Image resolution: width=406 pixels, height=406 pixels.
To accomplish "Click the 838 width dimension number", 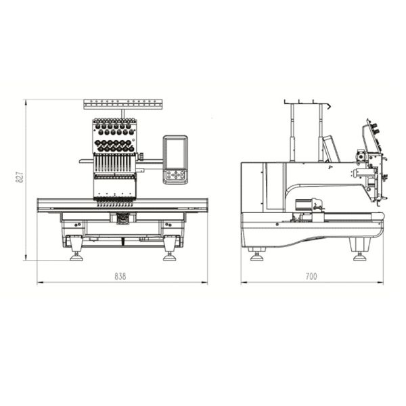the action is coord(120,277).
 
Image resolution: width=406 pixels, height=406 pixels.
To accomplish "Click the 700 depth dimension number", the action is coord(311,277).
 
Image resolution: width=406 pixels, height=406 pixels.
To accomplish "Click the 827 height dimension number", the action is coord(20,177).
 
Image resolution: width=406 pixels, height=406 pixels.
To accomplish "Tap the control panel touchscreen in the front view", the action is coord(175,153).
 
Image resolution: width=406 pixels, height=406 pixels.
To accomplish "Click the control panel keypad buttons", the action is coord(175,175).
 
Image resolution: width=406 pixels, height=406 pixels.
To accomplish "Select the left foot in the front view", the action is coord(76,257).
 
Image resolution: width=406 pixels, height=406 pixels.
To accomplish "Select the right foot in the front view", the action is coord(170,257).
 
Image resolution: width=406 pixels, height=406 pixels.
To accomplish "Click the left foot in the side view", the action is coord(256,256).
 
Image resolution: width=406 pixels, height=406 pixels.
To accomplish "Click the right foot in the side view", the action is coord(360,256).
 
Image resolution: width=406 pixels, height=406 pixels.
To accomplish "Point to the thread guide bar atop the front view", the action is coord(123,104).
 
